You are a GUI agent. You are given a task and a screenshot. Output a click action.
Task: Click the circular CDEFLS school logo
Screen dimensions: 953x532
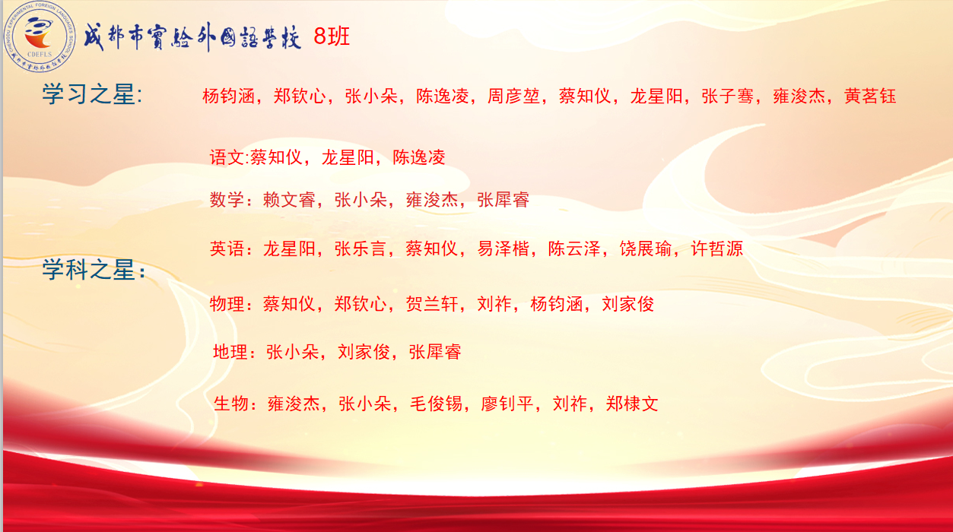[40, 36]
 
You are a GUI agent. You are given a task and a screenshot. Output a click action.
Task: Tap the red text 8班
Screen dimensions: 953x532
[332, 36]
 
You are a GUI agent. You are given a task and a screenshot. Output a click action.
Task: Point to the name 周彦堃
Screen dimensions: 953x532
[513, 96]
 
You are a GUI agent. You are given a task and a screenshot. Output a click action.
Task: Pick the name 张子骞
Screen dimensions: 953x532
[728, 96]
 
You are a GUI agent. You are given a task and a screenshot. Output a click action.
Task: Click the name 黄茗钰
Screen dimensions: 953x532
[870, 96]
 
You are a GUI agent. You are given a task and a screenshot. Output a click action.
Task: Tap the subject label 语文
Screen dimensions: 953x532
[227, 157]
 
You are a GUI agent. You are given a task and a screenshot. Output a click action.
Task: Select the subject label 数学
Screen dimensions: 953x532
[227, 199]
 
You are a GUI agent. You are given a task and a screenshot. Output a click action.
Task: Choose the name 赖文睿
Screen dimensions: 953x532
[289, 199]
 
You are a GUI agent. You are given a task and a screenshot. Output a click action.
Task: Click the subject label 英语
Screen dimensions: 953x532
[227, 249]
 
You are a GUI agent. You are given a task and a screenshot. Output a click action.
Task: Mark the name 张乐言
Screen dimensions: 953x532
[361, 249]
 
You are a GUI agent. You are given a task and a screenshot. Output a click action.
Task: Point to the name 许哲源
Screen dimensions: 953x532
[717, 249]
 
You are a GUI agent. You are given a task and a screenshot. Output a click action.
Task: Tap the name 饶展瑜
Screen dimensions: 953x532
[646, 249]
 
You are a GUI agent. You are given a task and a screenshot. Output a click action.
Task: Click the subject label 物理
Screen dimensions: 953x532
[227, 304]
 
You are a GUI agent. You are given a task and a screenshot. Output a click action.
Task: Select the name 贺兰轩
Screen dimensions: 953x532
[431, 304]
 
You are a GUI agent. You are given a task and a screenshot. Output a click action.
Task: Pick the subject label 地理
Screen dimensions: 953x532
[230, 352]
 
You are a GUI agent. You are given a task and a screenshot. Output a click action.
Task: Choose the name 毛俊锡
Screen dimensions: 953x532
[436, 403]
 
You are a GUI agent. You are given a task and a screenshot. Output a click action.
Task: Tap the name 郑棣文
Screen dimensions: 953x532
[632, 403]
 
